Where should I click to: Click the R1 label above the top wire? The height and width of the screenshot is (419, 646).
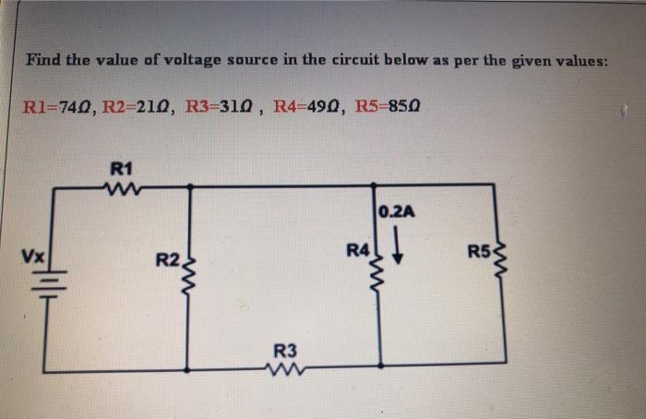point(121,168)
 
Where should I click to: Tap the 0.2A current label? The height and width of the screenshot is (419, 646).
point(398,211)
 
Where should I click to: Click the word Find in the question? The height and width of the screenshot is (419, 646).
point(42,60)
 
